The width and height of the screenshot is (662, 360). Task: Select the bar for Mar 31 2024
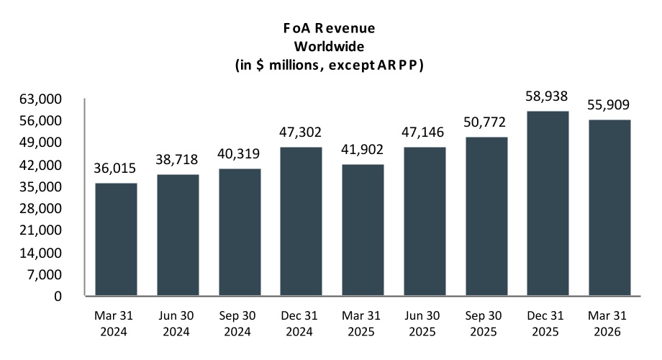[x=116, y=239]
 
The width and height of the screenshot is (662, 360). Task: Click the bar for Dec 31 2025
[x=548, y=203]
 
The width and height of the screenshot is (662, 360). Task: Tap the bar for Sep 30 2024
[x=240, y=232]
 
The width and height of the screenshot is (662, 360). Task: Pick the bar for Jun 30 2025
[x=425, y=221]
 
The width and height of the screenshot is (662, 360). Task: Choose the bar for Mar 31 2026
[x=609, y=207]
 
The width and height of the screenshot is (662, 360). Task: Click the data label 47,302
[x=300, y=132]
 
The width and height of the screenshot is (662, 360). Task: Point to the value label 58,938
[x=546, y=96]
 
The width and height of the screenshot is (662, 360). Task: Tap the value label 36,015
[x=115, y=168]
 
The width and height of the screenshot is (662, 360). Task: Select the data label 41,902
[x=362, y=150]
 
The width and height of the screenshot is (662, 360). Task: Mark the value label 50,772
[x=485, y=122]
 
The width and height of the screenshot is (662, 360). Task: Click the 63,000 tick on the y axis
[x=40, y=99]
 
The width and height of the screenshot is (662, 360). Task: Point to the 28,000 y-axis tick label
[x=40, y=208]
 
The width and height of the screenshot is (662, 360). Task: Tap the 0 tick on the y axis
[x=58, y=296]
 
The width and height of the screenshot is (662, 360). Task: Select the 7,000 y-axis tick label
[x=45, y=274]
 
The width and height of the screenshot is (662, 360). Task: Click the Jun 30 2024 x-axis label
[x=176, y=324]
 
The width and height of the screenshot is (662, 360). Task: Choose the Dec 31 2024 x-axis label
[x=299, y=324]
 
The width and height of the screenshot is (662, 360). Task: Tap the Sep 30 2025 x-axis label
[x=484, y=324]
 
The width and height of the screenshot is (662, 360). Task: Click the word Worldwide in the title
[x=329, y=46]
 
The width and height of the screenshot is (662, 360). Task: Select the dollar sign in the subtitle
[x=260, y=65]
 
